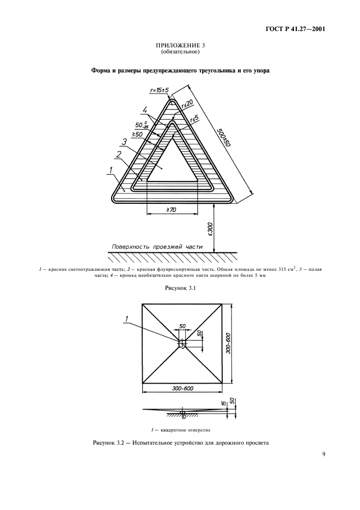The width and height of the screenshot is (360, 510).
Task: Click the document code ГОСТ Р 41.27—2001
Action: pos(296,29)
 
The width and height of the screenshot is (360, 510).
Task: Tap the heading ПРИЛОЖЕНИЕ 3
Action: pos(180,45)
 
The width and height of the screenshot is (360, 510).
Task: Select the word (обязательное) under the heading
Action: pos(180,51)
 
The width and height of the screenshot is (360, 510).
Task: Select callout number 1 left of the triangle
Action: pos(111,169)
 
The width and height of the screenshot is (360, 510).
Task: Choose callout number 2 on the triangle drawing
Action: pos(119,154)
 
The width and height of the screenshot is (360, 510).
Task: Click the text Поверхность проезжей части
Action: pos(157,247)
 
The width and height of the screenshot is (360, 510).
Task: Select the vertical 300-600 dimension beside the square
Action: pos(227,343)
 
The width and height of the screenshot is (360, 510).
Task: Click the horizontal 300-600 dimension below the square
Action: pos(182,388)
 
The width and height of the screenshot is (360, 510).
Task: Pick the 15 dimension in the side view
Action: pos(224,403)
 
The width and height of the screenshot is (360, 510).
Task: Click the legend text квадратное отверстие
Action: pos(180,430)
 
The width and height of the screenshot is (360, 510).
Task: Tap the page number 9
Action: pos(324,455)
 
